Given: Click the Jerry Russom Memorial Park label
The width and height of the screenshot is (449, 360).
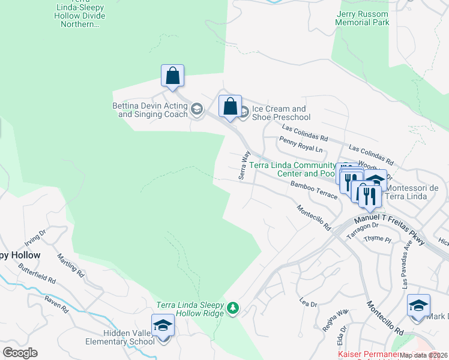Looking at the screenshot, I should (363, 18).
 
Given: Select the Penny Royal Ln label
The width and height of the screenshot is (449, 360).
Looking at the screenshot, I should (301, 144).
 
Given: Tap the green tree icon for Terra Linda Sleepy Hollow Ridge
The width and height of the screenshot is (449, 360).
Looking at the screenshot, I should (233, 309).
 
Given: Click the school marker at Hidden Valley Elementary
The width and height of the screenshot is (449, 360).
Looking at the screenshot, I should (163, 325).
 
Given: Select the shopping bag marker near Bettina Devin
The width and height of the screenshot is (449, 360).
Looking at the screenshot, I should (172, 76).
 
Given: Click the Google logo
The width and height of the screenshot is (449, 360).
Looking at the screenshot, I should (20, 353).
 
